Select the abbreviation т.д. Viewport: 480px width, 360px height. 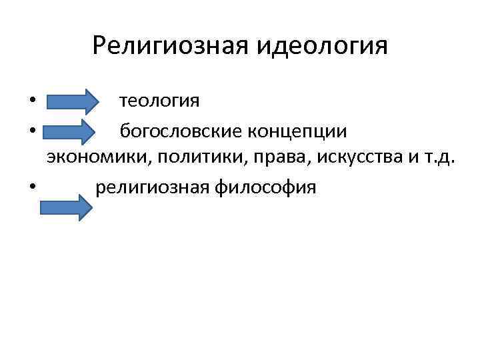440,159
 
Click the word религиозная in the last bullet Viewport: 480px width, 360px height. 152,188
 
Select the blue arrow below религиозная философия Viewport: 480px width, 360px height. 65,207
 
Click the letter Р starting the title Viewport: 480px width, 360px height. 100,45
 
